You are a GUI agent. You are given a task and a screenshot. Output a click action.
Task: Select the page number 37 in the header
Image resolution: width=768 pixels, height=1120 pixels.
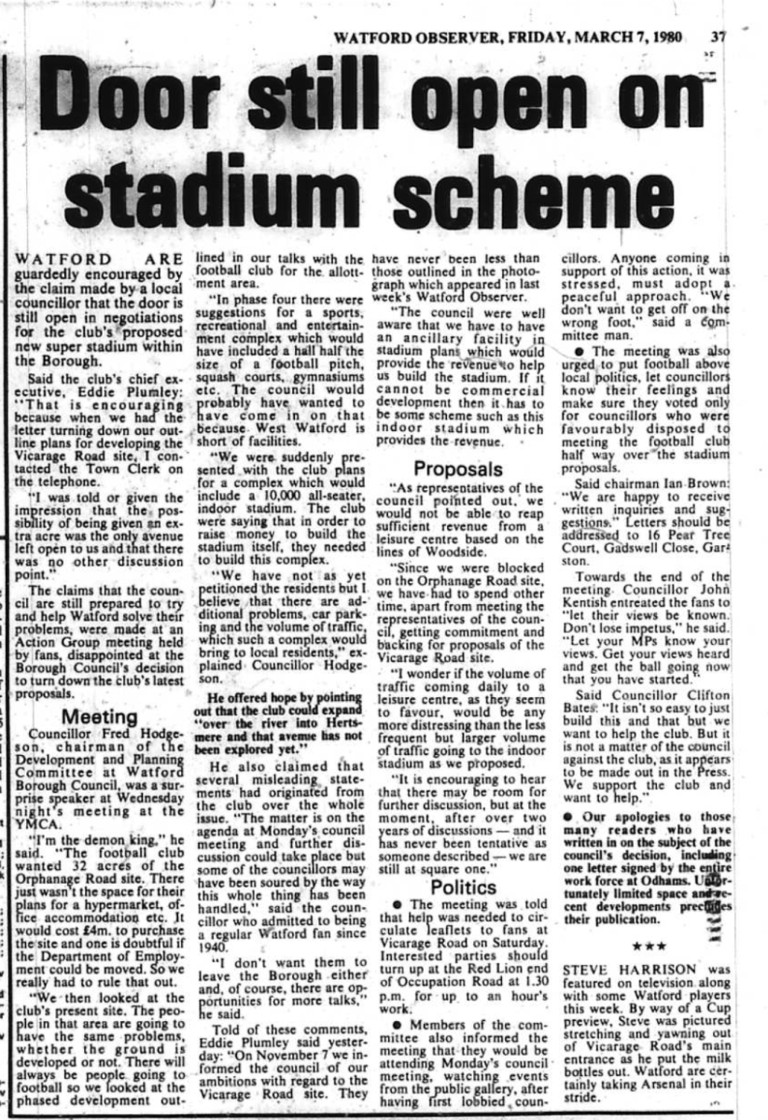[x=717, y=38]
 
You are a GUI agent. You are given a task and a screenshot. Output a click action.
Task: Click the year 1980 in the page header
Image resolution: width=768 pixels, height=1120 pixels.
[x=661, y=38]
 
